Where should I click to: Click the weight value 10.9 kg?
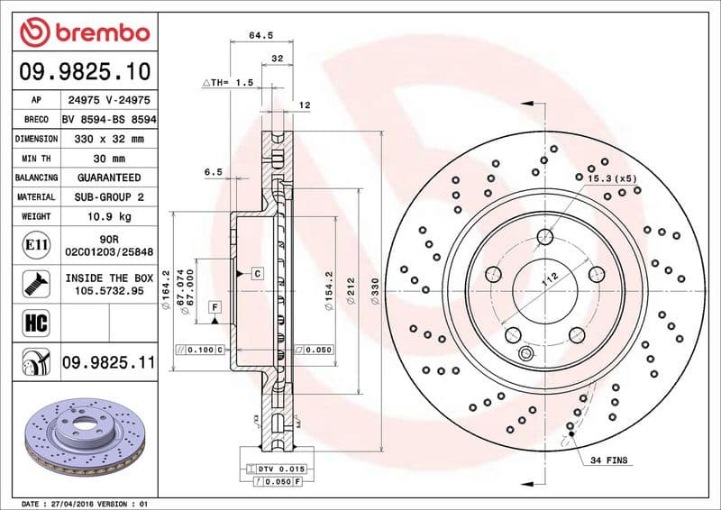(x=109, y=217)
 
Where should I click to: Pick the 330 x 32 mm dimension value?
(x=109, y=140)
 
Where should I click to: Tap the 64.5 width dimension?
(x=260, y=36)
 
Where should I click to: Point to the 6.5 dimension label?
(x=213, y=170)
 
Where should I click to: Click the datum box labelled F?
(x=214, y=307)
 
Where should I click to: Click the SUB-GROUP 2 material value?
(x=109, y=197)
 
